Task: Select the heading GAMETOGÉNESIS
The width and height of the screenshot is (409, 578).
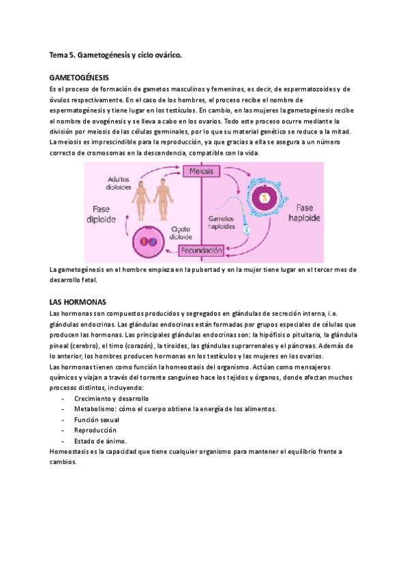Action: coord(80,78)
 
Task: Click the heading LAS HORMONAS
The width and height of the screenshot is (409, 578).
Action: coord(77,301)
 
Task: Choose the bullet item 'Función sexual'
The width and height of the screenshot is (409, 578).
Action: coord(97,420)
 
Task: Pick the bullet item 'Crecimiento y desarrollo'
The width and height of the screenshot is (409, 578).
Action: coord(111,398)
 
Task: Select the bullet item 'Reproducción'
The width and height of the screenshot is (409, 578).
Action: coord(95,430)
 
